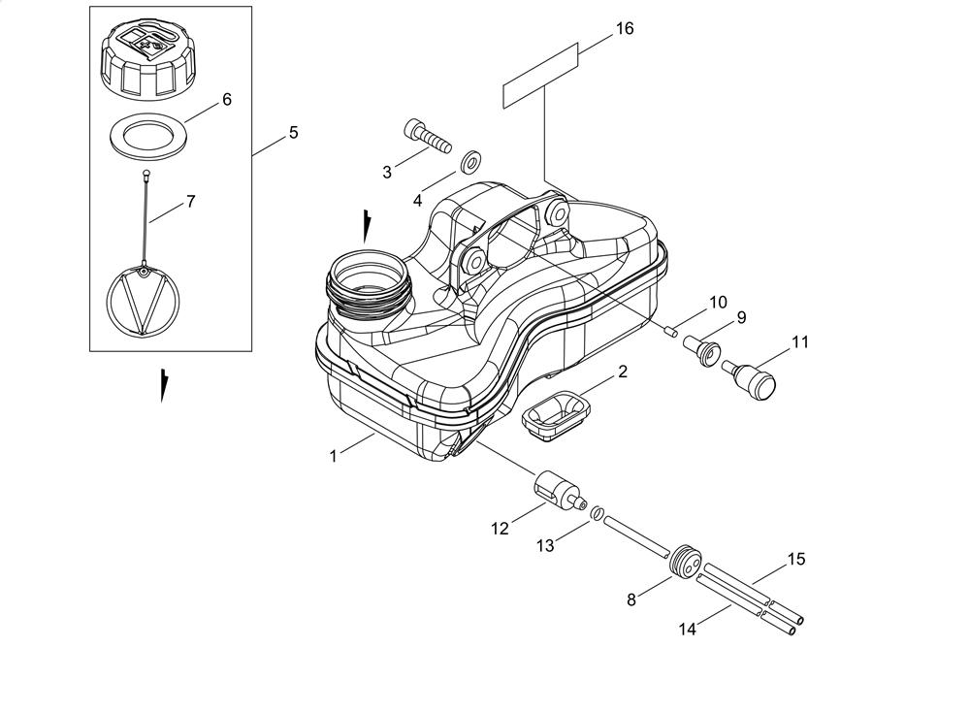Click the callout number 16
[625, 28]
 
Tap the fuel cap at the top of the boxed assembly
[148, 60]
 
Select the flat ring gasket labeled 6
[148, 136]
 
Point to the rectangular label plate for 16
[540, 76]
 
